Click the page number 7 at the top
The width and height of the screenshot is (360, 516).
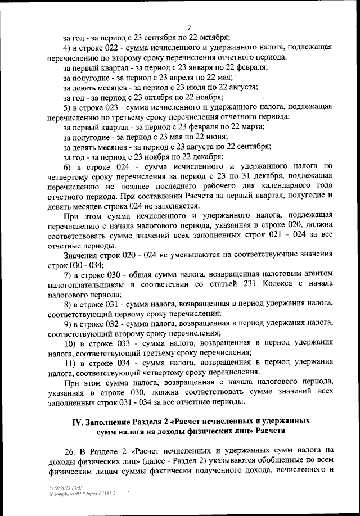[x=189, y=28]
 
